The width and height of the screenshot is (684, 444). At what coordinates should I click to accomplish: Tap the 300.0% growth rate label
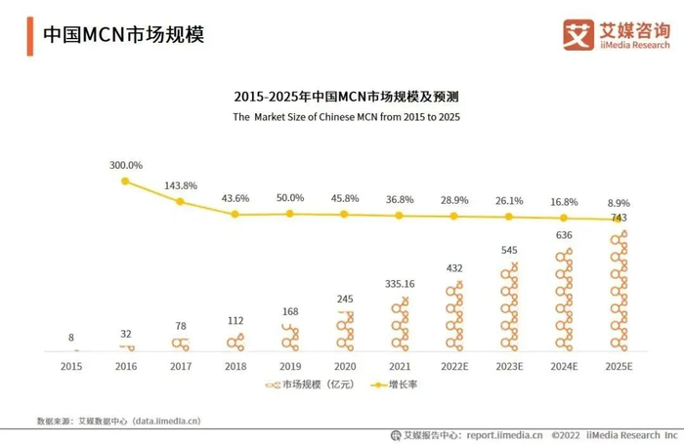(125, 165)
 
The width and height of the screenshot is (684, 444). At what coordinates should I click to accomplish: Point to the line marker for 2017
(180, 202)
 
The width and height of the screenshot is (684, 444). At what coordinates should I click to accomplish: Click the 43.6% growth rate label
(235, 198)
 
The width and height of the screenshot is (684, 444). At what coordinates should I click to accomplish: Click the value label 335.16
(399, 284)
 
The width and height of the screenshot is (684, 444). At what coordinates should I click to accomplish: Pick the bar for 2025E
(618, 290)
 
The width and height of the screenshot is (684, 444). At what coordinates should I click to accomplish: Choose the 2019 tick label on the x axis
(289, 366)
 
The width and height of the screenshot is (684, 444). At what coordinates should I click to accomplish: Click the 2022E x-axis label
(453, 366)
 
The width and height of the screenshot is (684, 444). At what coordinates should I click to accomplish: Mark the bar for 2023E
(508, 306)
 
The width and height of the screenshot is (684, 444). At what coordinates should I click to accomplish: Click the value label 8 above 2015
(70, 338)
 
